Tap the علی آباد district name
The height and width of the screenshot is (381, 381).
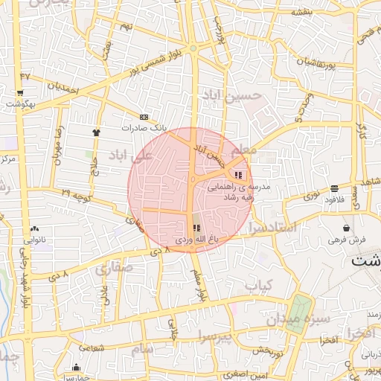click(x=130, y=155)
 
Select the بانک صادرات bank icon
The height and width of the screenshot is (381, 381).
click(x=144, y=117)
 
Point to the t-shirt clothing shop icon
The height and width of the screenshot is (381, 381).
click(x=96, y=132)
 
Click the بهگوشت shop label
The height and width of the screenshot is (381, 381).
click(x=19, y=103)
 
